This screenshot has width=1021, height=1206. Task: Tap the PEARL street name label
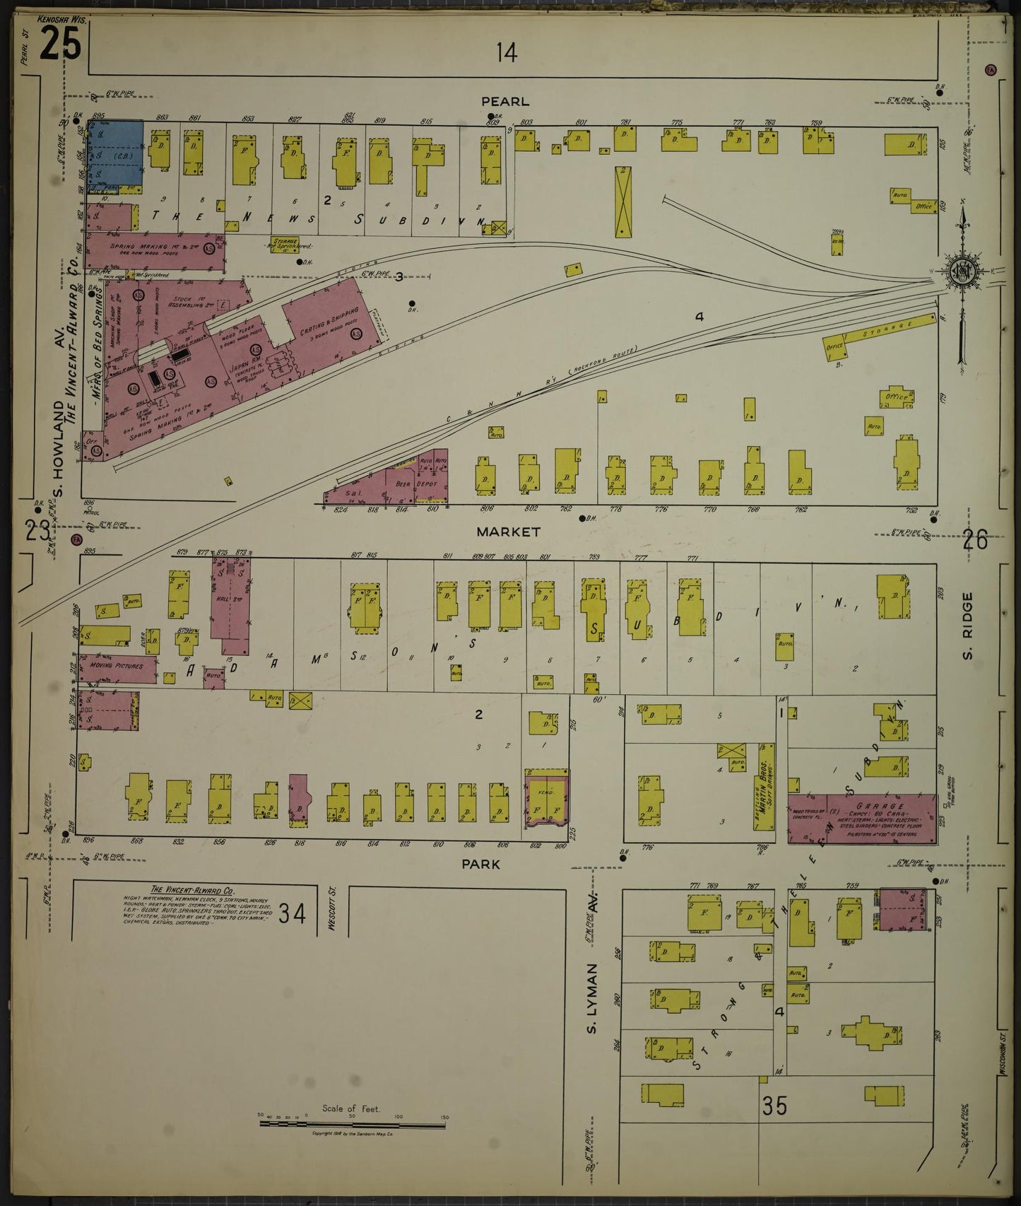point(506,102)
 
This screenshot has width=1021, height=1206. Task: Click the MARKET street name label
point(507,531)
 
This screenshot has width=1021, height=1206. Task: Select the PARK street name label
point(480,863)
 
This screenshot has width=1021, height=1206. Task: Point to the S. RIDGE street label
point(967,626)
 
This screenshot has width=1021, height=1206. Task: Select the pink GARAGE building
point(863,818)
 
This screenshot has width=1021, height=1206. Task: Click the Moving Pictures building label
point(117,666)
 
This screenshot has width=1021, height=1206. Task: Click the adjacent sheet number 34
point(291,913)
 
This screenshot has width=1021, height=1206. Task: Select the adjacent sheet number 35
point(775,1105)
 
